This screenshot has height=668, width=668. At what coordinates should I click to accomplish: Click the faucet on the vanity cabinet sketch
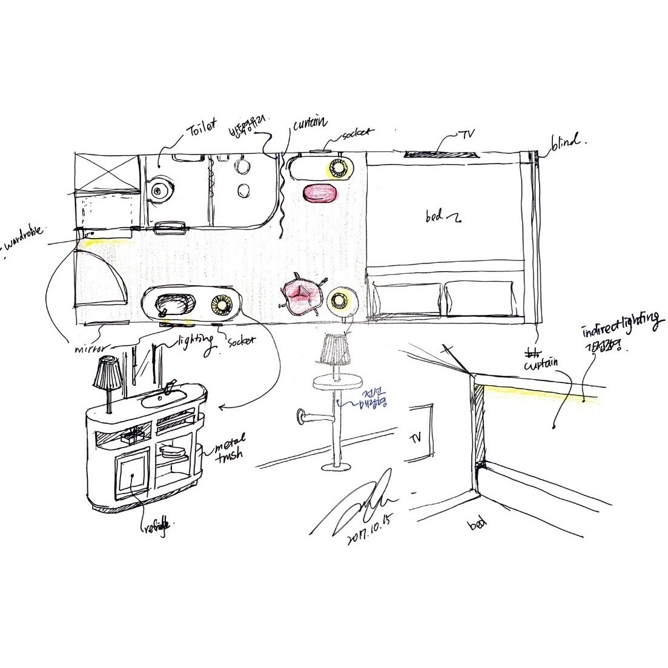coord(170,386)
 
